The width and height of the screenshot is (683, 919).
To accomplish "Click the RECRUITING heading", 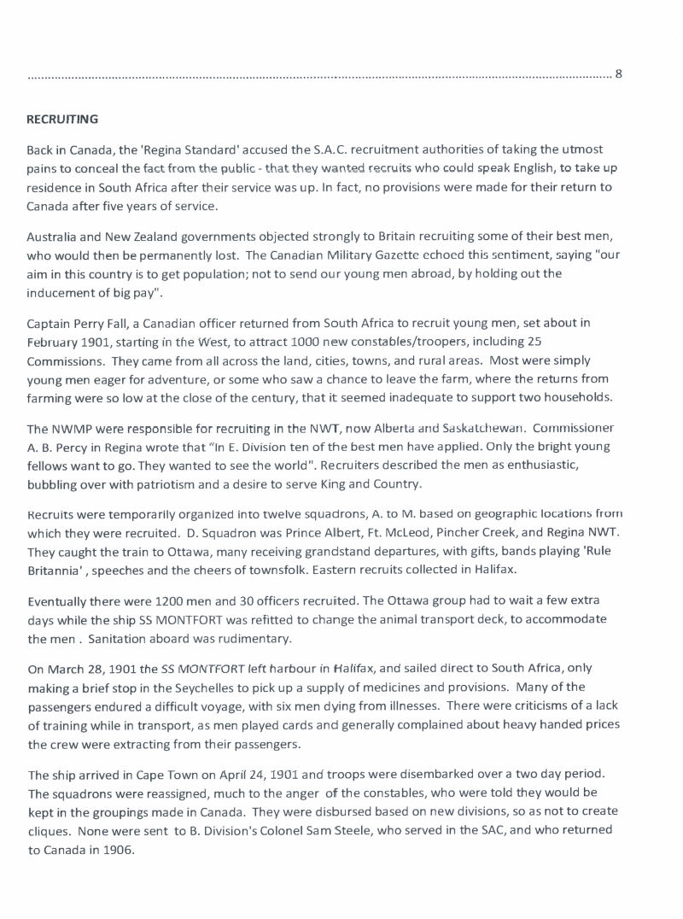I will (62, 119).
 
